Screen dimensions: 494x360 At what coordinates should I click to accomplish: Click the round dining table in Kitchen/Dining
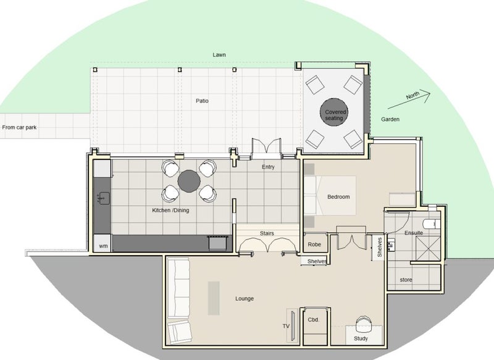click(189, 181)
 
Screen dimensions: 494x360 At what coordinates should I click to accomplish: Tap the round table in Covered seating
click(334, 112)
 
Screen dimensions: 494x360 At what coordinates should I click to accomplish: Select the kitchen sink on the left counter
click(103, 198)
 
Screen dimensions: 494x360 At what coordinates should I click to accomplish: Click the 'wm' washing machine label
click(103, 246)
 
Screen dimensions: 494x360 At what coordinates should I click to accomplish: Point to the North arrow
click(409, 99)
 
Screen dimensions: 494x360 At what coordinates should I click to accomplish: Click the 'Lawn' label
click(219, 55)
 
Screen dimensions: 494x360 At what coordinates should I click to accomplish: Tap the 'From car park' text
click(19, 128)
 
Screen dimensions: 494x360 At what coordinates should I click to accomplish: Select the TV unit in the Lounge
click(293, 325)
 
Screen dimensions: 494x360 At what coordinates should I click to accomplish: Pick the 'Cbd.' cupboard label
click(314, 320)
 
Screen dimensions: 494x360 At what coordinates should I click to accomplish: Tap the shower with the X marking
click(427, 248)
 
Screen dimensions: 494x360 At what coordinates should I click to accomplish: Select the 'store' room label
click(406, 280)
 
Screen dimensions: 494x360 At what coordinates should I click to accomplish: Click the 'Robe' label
click(314, 245)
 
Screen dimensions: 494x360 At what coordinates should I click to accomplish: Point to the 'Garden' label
click(390, 119)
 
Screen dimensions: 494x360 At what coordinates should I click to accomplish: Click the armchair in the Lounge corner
click(180, 332)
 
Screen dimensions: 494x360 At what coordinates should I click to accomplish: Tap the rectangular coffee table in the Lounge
click(214, 298)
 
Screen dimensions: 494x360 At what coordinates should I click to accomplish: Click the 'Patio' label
click(202, 101)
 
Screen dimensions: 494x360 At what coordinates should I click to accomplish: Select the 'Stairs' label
click(267, 233)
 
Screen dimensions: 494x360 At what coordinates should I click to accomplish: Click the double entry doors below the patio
click(266, 148)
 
